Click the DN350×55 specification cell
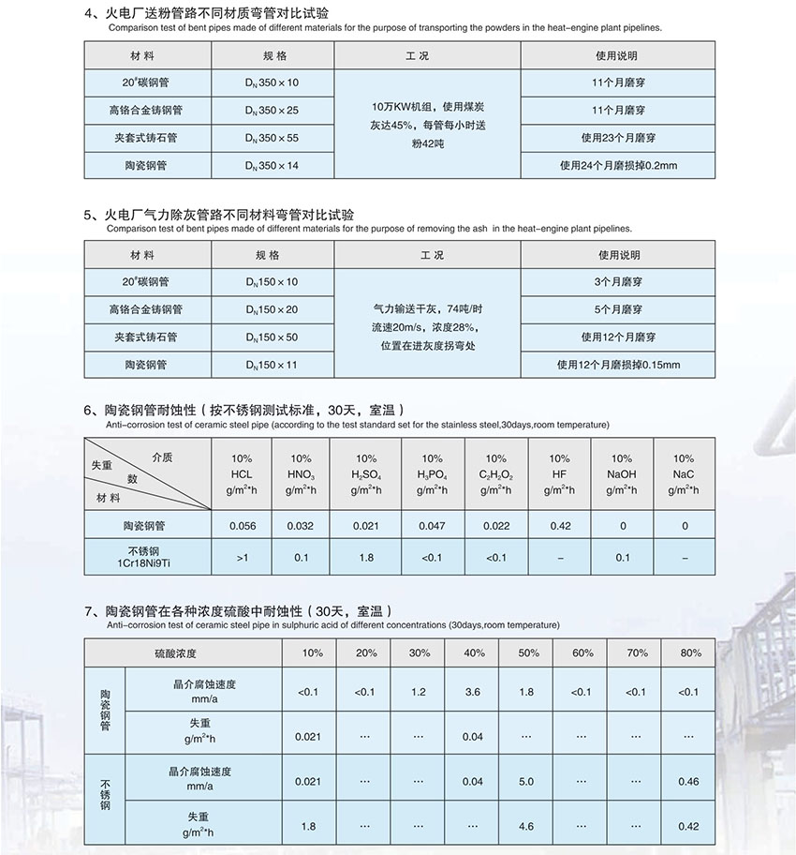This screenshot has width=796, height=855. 268,138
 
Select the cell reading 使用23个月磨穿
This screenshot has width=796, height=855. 617,138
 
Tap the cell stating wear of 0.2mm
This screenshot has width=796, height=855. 617,166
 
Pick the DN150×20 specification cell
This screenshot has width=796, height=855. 268,309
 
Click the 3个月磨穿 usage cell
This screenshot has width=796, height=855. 618,282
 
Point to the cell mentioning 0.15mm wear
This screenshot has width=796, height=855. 618,365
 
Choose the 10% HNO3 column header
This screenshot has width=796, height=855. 302,473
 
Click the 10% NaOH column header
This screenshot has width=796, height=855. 622,473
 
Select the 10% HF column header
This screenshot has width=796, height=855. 559,473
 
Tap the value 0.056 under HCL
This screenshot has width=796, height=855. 243,527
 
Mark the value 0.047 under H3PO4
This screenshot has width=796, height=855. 432,527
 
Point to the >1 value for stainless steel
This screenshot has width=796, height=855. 243,558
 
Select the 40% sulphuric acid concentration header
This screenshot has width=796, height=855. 473,652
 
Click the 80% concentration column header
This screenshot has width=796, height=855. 688,652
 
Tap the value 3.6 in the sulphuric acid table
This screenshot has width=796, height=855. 473,692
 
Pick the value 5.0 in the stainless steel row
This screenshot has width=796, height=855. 525,781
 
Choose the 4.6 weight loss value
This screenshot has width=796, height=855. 525,826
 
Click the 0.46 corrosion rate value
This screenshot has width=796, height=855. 688,781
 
